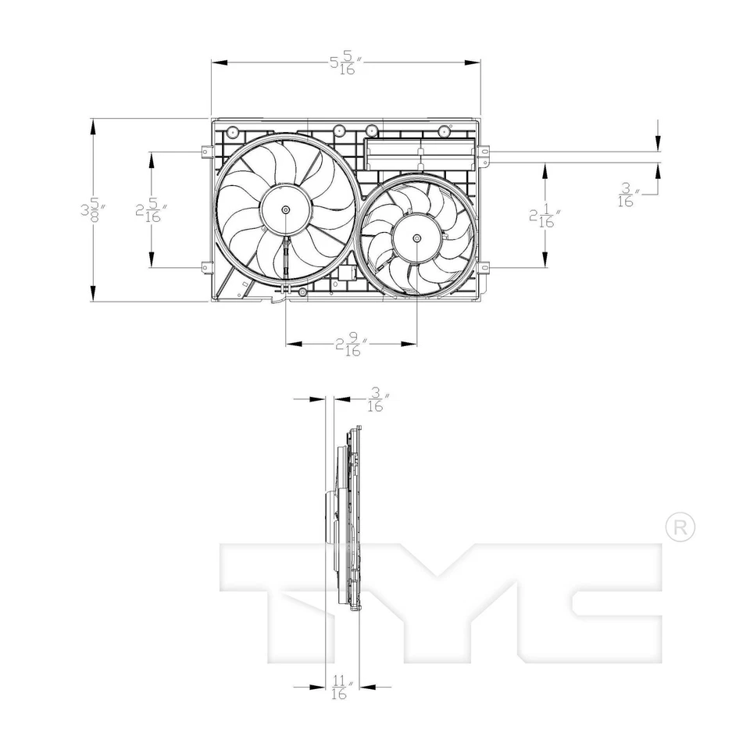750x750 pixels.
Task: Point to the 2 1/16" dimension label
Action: coord(542,216)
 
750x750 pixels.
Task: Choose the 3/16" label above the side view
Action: coord(377,401)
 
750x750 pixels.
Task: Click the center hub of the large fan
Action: coord(286,209)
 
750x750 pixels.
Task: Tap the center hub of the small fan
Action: coord(416,237)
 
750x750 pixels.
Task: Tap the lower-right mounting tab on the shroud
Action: coord(487,268)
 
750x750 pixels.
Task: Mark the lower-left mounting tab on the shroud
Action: coord(205,267)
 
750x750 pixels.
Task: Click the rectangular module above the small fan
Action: coord(420,155)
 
